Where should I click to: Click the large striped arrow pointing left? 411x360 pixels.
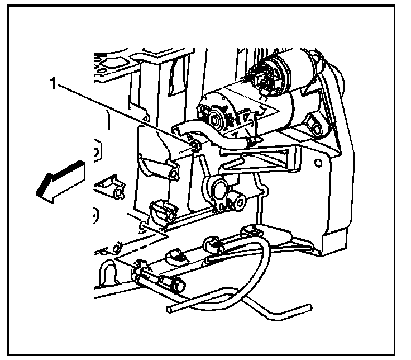(x=60, y=178)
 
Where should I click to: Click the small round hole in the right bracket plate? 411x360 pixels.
(x=318, y=164)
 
